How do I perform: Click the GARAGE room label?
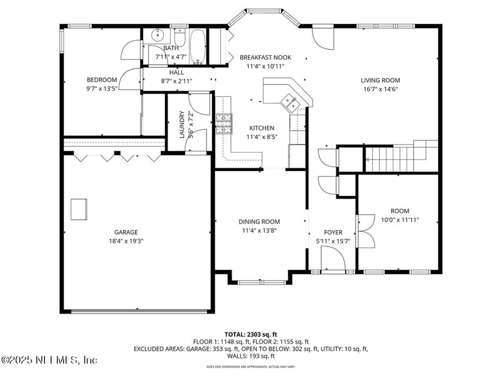[x=125, y=232]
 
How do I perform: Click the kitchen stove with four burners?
[x=223, y=124]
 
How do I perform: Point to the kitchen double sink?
[x=289, y=100]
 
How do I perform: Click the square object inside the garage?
[x=79, y=209]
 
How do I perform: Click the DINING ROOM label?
[x=259, y=222]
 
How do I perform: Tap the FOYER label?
[x=333, y=232]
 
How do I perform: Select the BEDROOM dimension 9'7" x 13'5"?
[x=102, y=89]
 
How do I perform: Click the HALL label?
[x=176, y=72]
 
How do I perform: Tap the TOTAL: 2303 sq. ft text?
[x=250, y=334]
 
